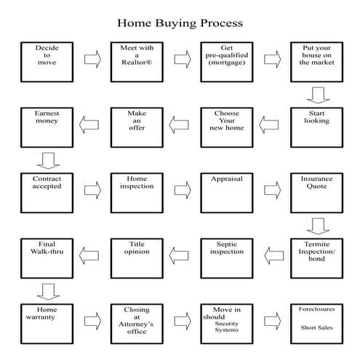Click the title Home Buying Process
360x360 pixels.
click(180, 23)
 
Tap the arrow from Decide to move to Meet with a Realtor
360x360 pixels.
click(92, 60)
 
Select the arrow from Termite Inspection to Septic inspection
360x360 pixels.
click(273, 255)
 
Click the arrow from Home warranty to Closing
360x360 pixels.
click(92, 320)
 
